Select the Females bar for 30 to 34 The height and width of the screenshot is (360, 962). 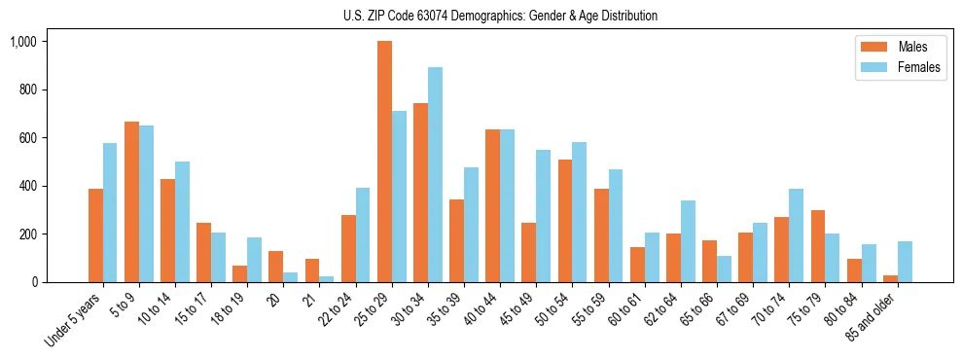(x=435, y=175)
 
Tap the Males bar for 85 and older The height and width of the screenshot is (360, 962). (x=890, y=278)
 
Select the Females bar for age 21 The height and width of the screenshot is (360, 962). (x=327, y=279)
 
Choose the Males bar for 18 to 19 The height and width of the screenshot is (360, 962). (x=239, y=273)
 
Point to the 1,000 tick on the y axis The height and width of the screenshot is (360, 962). (x=23, y=42)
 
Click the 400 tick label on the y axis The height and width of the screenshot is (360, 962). (x=27, y=186)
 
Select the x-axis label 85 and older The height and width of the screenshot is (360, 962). (x=873, y=316)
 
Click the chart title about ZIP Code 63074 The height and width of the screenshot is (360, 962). (x=500, y=16)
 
